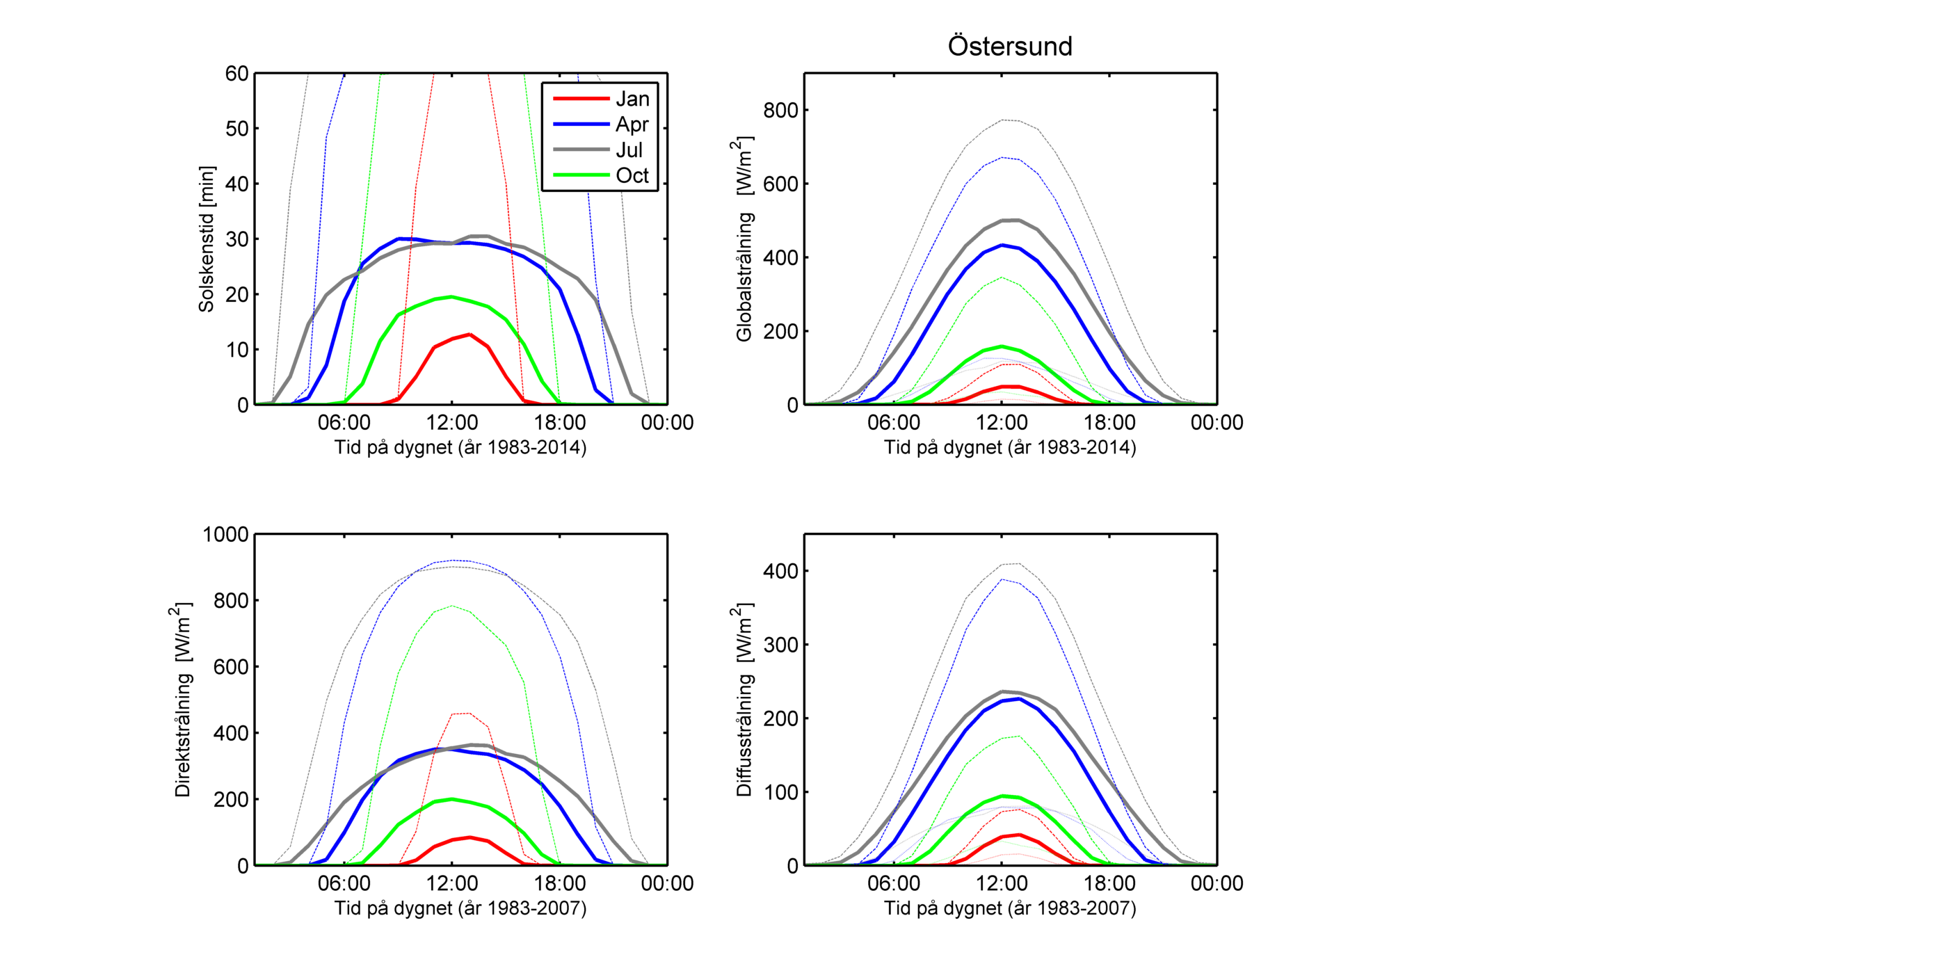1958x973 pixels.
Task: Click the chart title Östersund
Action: [1009, 47]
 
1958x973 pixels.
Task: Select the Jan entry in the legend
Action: [632, 99]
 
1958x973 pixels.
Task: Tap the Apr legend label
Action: [632, 124]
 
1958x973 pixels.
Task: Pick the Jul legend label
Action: [629, 150]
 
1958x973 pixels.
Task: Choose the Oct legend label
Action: [632, 175]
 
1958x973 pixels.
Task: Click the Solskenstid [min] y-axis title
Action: [207, 239]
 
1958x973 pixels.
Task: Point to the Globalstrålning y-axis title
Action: [744, 239]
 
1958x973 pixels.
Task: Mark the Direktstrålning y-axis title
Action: [182, 700]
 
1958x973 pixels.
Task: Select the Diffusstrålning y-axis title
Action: [744, 700]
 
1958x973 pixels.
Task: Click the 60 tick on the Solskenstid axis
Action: [236, 74]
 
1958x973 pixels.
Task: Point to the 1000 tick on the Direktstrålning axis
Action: [226, 534]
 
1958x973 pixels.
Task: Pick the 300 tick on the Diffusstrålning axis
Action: [780, 645]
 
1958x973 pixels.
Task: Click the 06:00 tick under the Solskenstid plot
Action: [344, 423]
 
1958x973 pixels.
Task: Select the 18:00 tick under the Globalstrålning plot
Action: [1109, 423]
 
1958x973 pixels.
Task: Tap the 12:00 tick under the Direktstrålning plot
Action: [451, 883]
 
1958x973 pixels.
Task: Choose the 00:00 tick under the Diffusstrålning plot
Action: [1216, 883]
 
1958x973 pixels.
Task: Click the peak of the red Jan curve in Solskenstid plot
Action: [470, 335]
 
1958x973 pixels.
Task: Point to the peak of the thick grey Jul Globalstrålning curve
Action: [1011, 220]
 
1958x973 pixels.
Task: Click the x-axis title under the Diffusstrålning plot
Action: [1009, 908]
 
